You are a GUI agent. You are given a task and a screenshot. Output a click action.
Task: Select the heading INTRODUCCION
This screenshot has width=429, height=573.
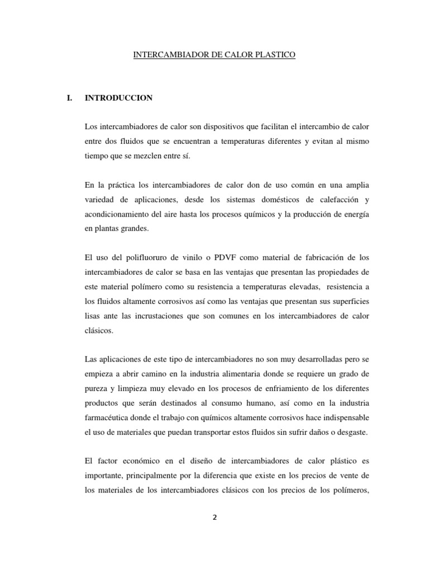point(118,98)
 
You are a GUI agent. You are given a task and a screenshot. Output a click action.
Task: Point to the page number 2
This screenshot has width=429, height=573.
point(214,517)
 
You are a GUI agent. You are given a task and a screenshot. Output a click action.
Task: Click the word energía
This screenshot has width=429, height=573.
point(356,214)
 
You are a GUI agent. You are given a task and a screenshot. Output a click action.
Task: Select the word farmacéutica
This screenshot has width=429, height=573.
point(107,418)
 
